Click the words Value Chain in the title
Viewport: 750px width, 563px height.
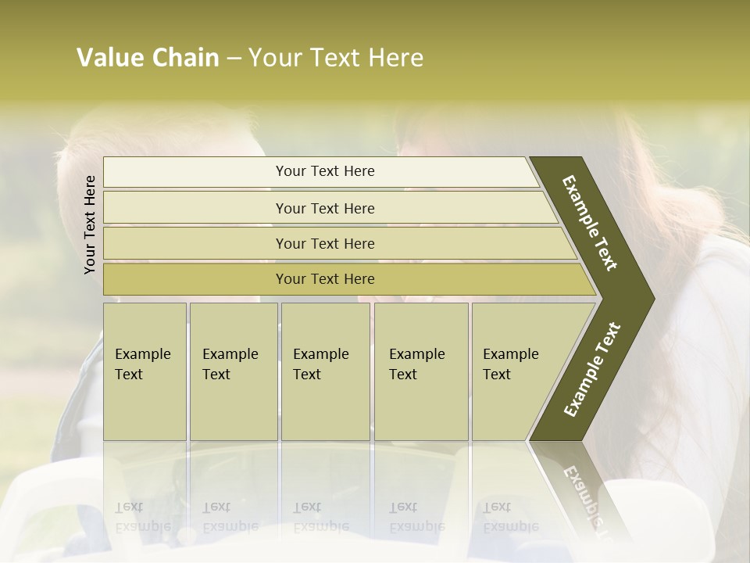coord(148,58)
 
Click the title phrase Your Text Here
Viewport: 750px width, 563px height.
coord(336,58)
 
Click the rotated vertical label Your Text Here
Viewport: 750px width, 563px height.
coord(90,224)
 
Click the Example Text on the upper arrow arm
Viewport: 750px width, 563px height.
coord(590,223)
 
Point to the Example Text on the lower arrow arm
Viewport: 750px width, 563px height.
coord(591,369)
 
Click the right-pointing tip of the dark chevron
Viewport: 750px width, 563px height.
coord(652,298)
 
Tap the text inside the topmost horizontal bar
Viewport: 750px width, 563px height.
coord(325,171)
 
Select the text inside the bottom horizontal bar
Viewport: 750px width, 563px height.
coord(325,279)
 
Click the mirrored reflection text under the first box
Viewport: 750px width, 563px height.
coord(142,517)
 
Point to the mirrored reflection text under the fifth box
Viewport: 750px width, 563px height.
coord(510,517)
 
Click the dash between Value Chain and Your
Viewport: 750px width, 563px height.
coord(234,59)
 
